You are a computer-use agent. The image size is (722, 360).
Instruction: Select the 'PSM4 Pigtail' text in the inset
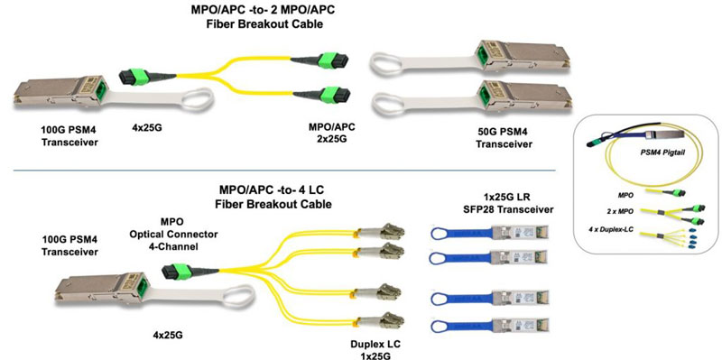pyautogui.click(x=662, y=155)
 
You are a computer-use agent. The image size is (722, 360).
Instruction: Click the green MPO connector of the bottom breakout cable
pyautogui.click(x=179, y=269)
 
